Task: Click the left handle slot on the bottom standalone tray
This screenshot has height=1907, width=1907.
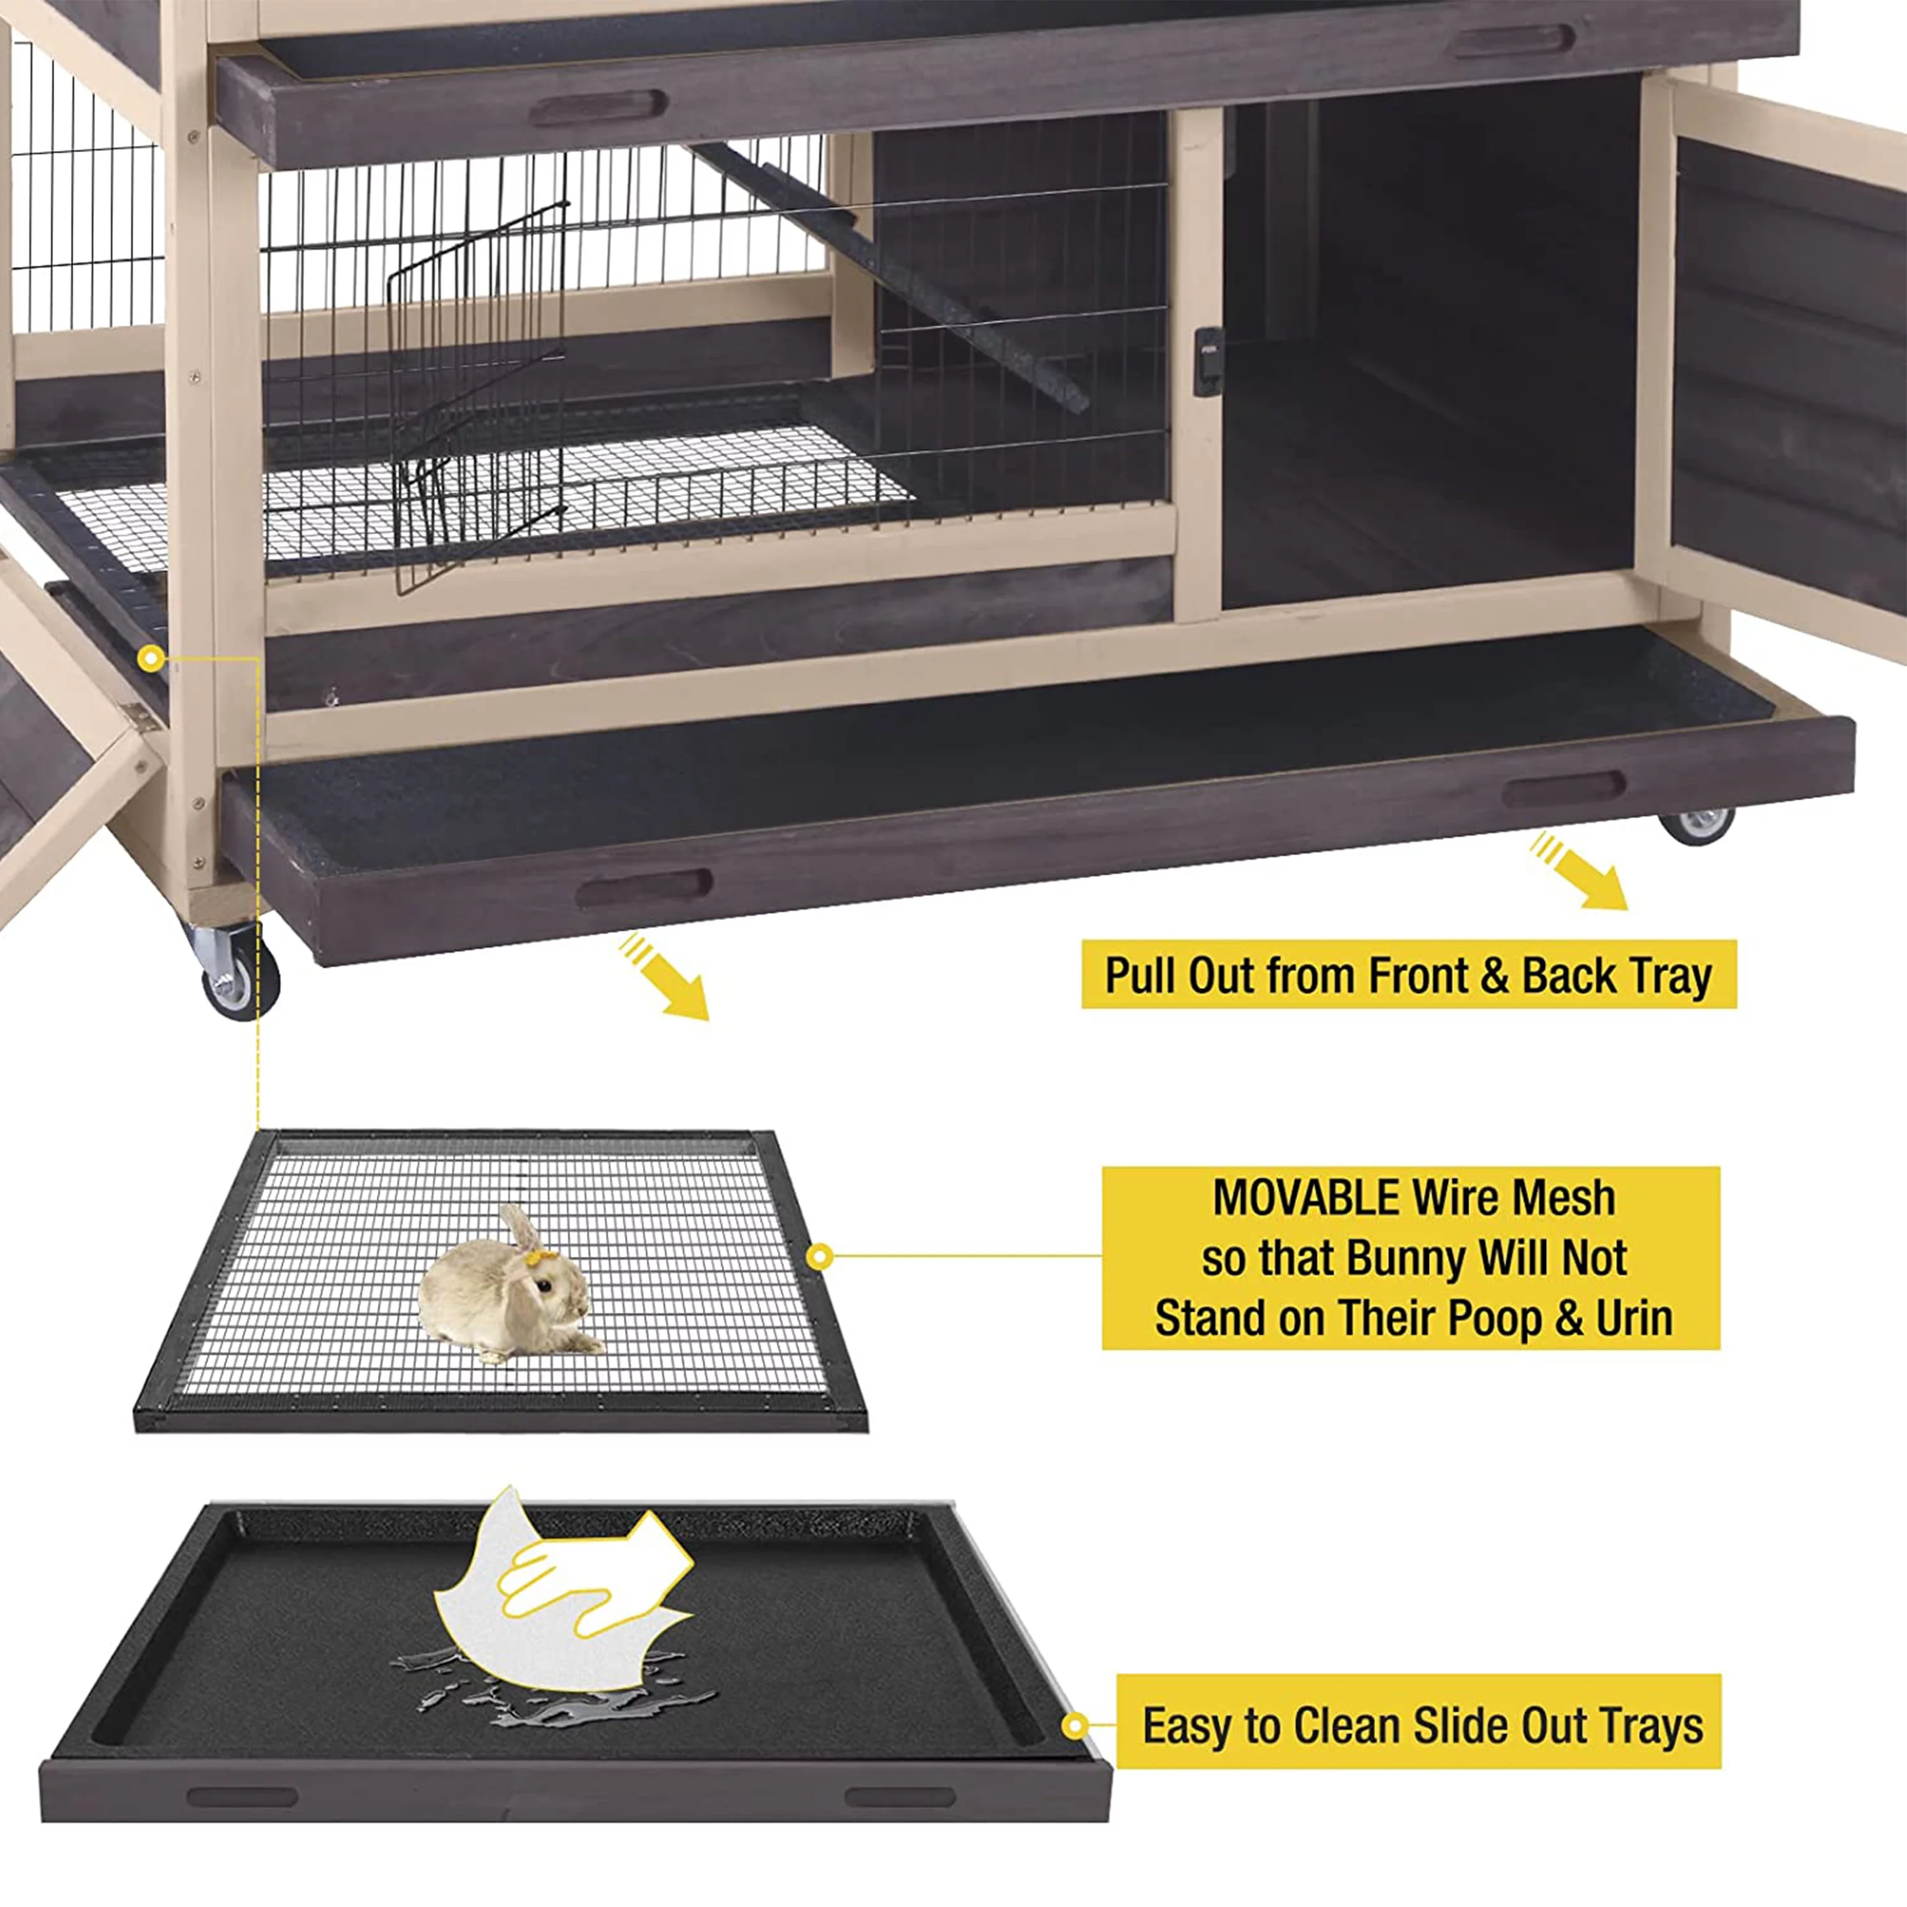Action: [242, 1796]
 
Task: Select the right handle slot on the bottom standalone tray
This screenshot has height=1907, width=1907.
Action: [899, 1796]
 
